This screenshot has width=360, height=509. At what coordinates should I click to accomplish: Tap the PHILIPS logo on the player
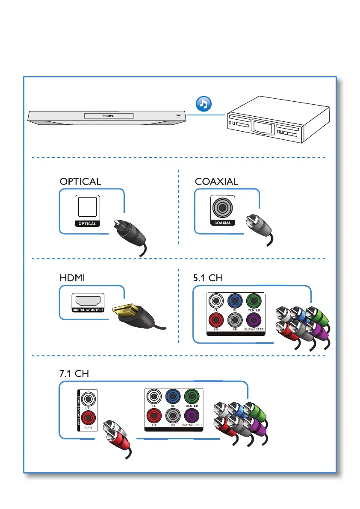click(108, 116)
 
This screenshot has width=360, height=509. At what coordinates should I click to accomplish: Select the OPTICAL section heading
click(80, 181)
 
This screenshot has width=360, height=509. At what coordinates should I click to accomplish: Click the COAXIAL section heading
click(216, 181)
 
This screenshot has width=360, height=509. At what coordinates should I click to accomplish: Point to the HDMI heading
click(72, 278)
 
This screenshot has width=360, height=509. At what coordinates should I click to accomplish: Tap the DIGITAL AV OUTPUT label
click(88, 309)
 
